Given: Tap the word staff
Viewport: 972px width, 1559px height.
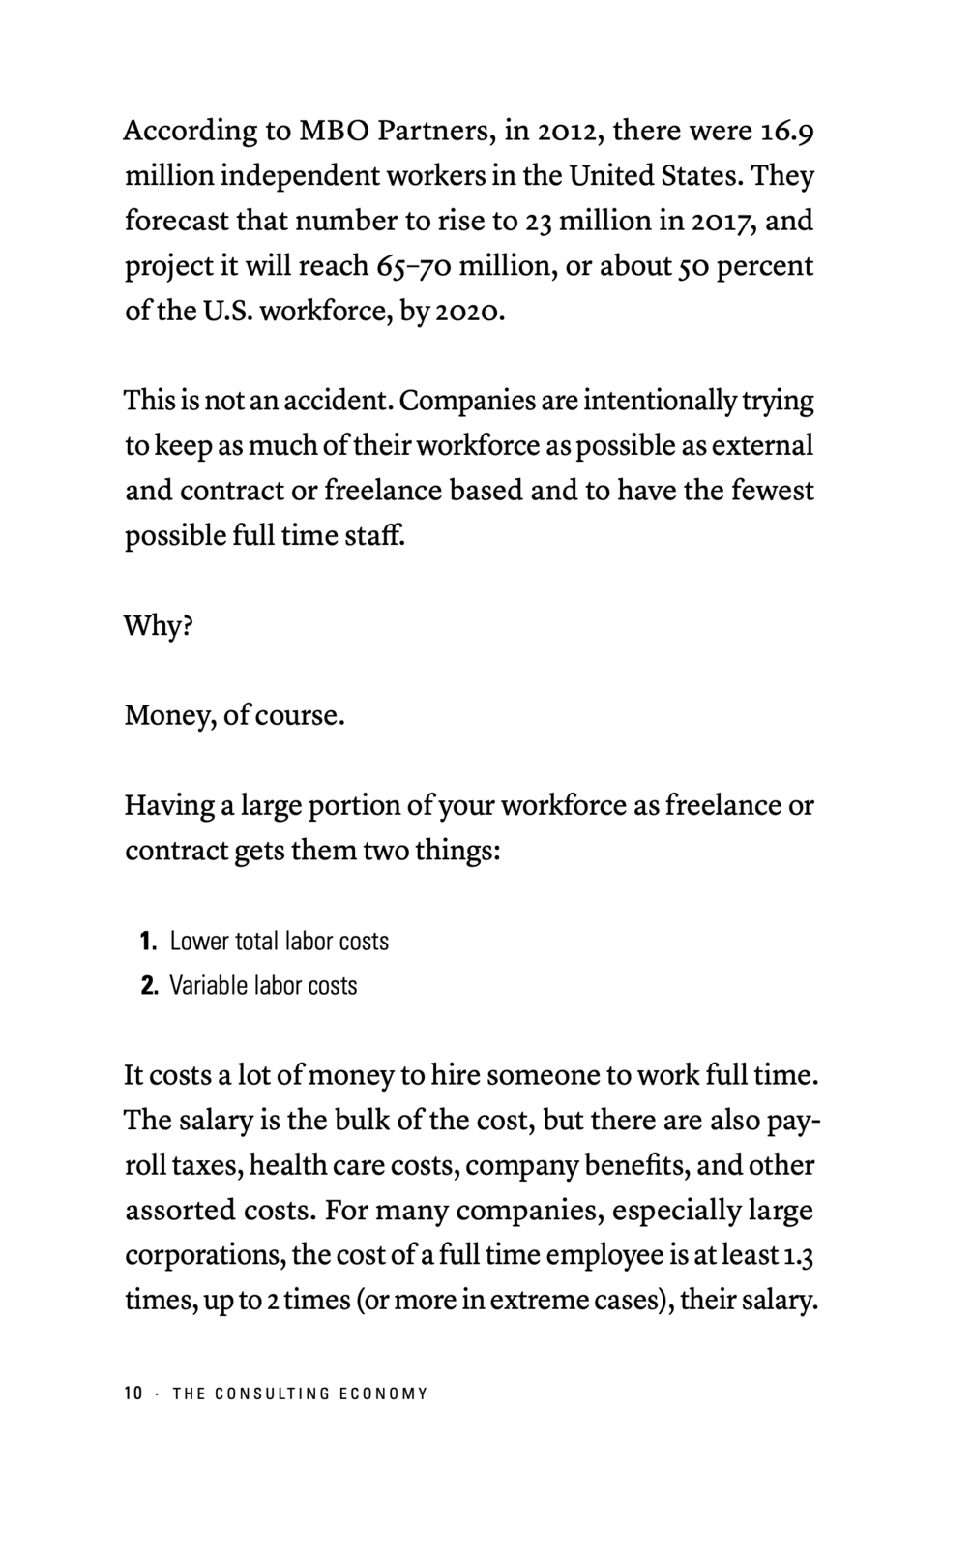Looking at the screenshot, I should click(x=375, y=535).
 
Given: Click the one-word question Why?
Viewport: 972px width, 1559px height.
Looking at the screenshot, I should click(x=159, y=626).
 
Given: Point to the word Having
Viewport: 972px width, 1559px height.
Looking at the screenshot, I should click(x=167, y=806).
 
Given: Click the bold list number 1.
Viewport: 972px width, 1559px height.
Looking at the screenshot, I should click(x=147, y=941).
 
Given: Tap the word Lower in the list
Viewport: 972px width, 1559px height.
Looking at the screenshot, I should click(x=197, y=941).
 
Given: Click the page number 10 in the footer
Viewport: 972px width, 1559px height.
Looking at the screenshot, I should click(x=133, y=1394).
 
